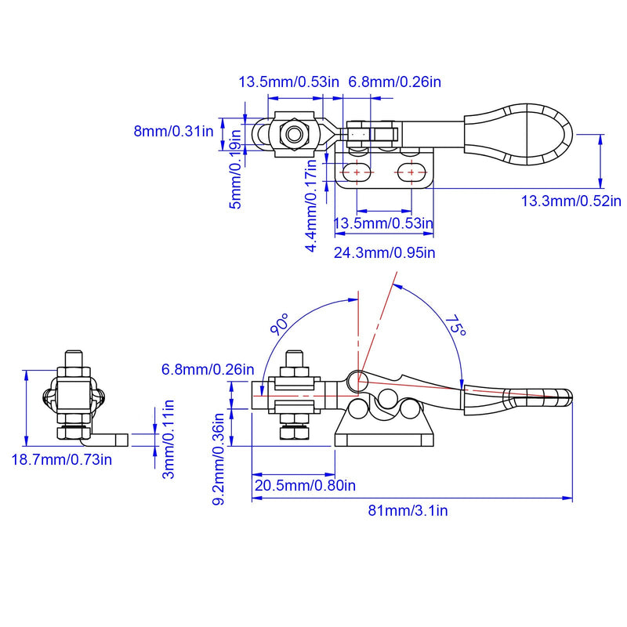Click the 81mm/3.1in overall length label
point(408,511)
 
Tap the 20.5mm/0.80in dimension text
point(305,485)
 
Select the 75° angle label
point(456,326)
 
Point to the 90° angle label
point(280,324)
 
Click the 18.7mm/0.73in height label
point(62,459)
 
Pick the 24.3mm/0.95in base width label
point(385,252)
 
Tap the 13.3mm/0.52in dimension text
point(571,201)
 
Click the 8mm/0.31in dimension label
point(173,131)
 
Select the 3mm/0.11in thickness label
point(169,439)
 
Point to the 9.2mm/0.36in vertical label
point(219,459)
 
